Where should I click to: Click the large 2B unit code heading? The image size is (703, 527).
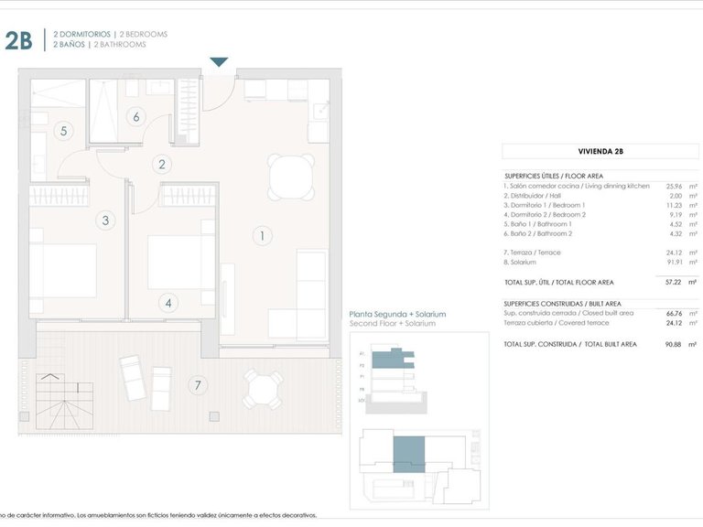pos(18,39)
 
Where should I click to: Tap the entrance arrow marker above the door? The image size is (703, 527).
pos(219,62)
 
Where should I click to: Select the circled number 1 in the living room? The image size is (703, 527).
pos(262,236)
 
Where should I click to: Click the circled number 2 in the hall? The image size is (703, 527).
pos(162,165)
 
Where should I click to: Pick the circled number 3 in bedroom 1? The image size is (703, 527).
pos(105,220)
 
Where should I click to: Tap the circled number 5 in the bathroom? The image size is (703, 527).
pos(63,131)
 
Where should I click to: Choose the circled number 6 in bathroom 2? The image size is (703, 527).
pos(135,116)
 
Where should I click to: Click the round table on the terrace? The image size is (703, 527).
pos(263,390)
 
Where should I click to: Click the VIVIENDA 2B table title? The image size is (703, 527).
pos(600,152)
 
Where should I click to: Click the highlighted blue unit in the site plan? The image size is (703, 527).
pos(408,456)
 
